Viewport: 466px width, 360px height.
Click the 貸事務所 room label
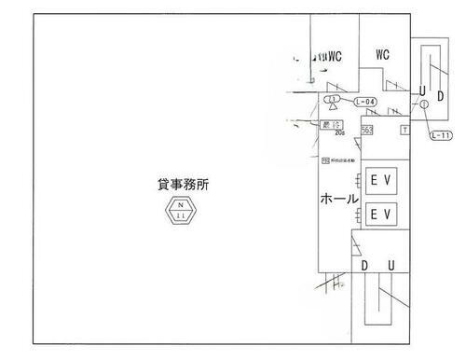click(x=184, y=185)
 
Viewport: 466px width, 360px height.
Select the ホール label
click(x=340, y=200)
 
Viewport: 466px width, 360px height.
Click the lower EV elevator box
click(x=379, y=215)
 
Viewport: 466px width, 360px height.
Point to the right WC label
click(x=382, y=55)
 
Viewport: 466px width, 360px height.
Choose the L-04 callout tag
click(x=365, y=100)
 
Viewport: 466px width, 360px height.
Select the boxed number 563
click(x=367, y=129)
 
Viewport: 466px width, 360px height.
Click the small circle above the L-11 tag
click(x=425, y=105)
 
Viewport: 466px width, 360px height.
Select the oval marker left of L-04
click(x=331, y=98)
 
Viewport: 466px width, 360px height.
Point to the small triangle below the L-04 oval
click(x=332, y=108)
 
